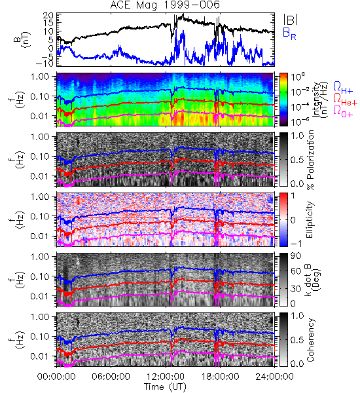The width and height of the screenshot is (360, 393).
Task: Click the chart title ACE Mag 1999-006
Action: (164, 5)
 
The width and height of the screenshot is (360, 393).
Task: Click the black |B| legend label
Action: (291, 20)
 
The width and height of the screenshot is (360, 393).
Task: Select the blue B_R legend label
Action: (289, 33)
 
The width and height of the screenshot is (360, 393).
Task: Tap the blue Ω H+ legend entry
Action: (343, 88)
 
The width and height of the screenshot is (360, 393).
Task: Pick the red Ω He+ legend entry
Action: (345, 100)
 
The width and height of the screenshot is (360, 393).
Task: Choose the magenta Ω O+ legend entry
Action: (343, 111)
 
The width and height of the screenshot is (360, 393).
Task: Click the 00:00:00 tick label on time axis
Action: (56, 377)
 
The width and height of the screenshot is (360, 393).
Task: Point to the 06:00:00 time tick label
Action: (111, 377)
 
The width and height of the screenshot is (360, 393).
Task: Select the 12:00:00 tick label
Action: (166, 377)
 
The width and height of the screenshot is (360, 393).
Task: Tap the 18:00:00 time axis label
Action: (220, 377)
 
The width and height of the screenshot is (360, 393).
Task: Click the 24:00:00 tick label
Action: (274, 377)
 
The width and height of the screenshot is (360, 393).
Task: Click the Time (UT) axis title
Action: (165, 386)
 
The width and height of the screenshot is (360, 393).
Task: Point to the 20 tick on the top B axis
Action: (48, 16)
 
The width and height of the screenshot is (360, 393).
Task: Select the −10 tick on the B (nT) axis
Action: (45, 64)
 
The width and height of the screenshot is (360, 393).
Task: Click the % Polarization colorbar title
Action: (310, 160)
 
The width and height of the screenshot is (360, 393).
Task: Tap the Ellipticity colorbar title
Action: (310, 219)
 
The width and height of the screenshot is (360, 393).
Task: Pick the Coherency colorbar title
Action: (310, 340)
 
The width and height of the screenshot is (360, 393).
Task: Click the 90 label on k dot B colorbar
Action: (295, 256)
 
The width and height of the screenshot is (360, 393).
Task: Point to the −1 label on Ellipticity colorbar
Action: (297, 244)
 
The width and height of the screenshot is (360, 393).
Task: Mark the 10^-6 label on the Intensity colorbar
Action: (297, 122)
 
